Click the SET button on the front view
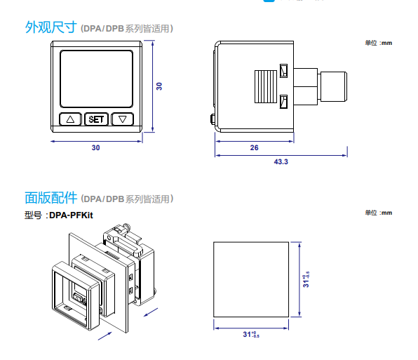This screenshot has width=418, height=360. (x=96, y=119)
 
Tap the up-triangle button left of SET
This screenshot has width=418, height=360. (x=70, y=119)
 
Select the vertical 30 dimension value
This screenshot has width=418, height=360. (x=159, y=86)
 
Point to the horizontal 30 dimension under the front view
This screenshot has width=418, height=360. (x=96, y=147)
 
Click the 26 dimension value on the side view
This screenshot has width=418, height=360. (x=254, y=147)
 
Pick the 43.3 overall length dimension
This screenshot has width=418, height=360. (x=281, y=161)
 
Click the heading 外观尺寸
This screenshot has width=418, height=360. (x=50, y=28)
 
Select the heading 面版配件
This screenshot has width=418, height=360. (x=50, y=198)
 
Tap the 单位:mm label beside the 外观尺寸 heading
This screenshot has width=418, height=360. (x=379, y=43)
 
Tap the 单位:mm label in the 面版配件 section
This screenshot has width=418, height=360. (x=379, y=213)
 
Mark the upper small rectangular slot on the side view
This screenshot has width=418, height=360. (x=283, y=71)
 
